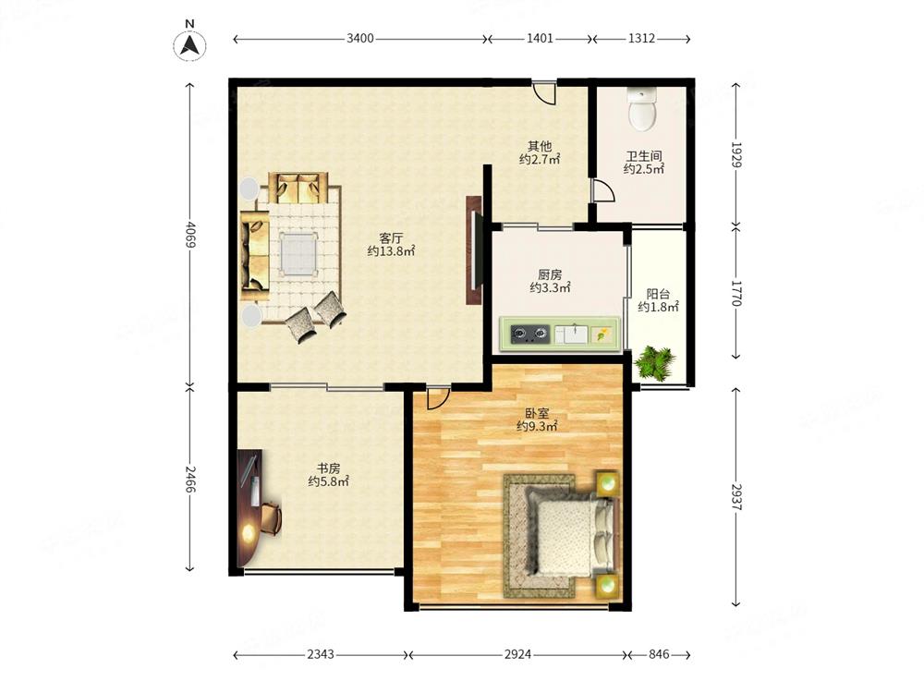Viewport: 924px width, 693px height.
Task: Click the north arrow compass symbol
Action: click(x=189, y=44)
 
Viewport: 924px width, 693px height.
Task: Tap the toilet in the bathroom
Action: click(x=642, y=109)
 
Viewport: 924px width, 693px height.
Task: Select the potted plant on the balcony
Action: click(x=655, y=362)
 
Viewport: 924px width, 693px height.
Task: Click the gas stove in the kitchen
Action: click(x=529, y=334)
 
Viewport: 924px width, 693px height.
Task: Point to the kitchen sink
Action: click(x=571, y=334)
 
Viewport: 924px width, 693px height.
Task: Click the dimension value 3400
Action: click(x=360, y=38)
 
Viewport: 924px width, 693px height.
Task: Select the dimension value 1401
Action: click(x=540, y=38)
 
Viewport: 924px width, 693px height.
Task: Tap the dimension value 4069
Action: click(x=189, y=235)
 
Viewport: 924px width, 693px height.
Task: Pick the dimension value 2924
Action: click(x=518, y=654)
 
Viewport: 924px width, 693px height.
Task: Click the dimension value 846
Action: click(x=659, y=654)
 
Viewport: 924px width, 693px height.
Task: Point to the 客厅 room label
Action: click(x=391, y=238)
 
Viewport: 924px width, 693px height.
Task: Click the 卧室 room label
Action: click(x=537, y=413)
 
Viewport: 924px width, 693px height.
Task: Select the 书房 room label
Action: click(x=328, y=468)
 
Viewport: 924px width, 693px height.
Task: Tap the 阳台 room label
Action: click(x=658, y=294)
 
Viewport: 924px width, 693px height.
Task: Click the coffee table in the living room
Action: click(x=299, y=254)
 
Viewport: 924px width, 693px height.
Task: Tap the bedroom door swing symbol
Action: click(x=438, y=397)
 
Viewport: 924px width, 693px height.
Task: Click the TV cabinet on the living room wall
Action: click(x=474, y=249)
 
